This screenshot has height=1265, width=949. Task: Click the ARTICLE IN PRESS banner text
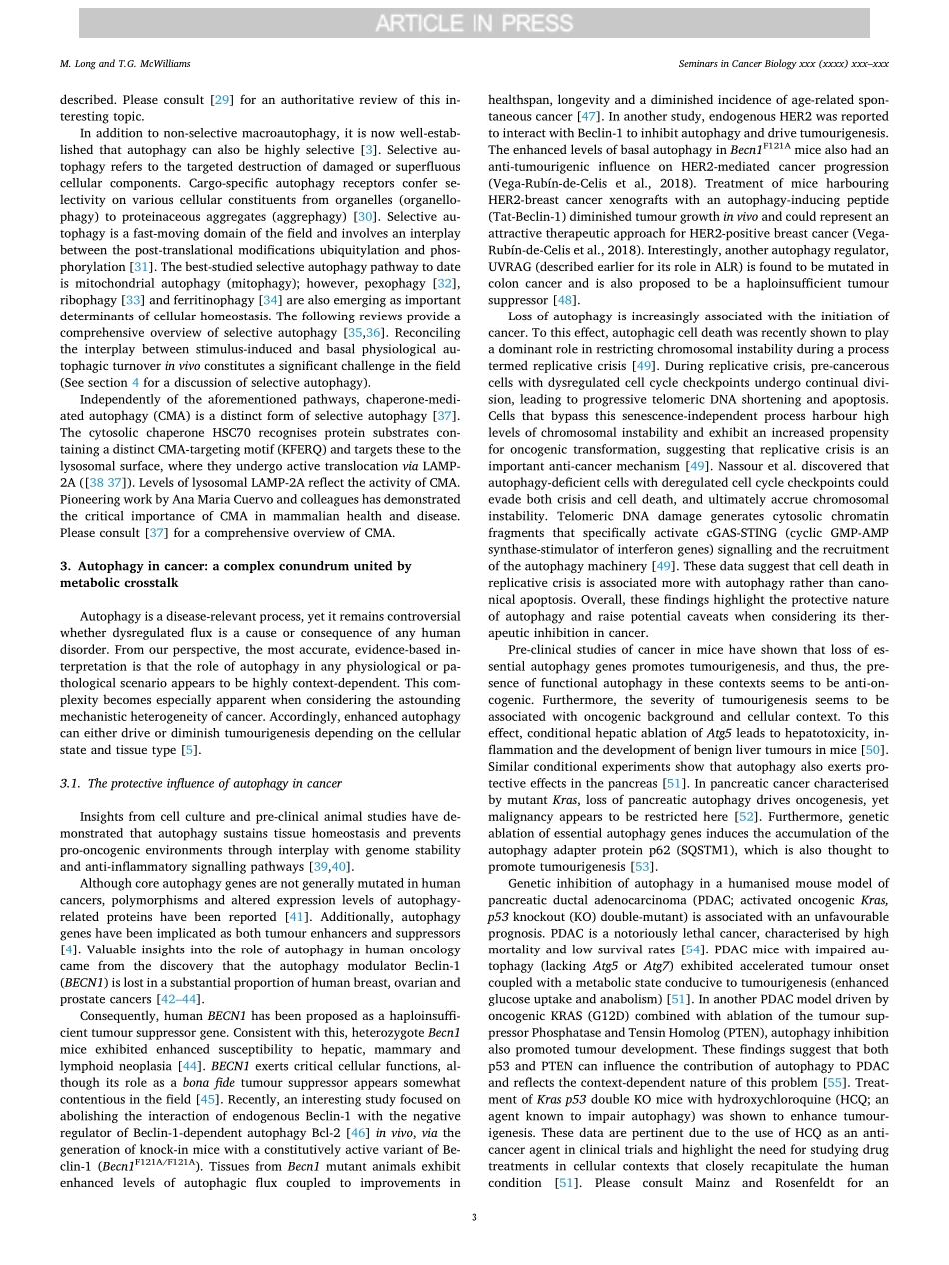coord(474,23)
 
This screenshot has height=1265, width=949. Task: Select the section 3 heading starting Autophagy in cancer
coord(235,565)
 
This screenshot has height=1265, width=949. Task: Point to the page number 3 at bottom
coord(474,1216)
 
